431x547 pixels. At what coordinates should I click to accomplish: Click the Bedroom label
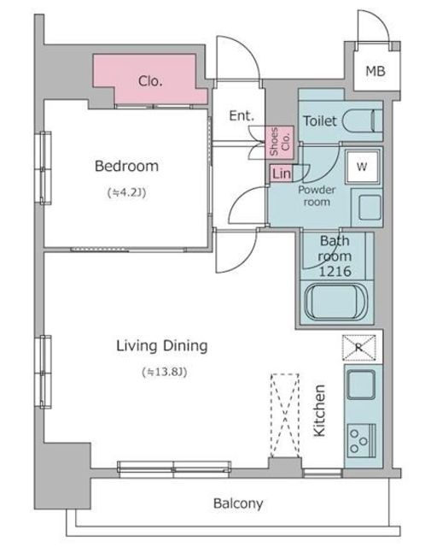126,166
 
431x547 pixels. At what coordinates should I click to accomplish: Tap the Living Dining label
162,346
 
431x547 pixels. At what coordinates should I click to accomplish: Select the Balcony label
238,503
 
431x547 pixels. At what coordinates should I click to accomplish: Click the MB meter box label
376,71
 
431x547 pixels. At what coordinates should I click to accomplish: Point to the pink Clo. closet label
150,81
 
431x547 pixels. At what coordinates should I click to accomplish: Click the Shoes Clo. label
279,141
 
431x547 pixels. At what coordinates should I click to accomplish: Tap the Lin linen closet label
282,174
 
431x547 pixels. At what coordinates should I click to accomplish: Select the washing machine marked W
362,167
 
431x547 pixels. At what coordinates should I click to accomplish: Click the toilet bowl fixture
363,121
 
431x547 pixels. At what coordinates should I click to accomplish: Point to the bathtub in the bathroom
335,302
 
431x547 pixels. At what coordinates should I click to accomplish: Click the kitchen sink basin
361,384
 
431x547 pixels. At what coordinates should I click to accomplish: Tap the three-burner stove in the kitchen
362,441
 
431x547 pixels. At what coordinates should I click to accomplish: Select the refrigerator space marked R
358,348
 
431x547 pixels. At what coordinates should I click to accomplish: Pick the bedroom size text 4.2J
126,192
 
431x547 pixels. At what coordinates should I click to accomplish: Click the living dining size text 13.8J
165,373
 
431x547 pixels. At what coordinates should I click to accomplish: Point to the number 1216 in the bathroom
335,272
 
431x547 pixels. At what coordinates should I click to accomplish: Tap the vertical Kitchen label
319,410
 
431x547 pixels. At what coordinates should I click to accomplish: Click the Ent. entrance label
242,115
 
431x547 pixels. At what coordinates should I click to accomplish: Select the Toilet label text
320,121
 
